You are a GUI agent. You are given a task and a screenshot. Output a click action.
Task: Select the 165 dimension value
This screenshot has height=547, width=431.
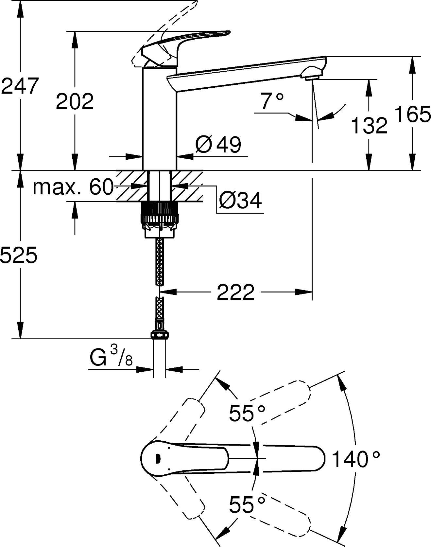point(413,114)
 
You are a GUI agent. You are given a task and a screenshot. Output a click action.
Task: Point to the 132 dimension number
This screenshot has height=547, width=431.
point(369,125)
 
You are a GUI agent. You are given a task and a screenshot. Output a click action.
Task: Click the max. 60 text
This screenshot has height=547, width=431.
point(73,187)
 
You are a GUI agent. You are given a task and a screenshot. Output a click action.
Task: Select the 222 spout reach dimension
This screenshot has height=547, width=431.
point(235,292)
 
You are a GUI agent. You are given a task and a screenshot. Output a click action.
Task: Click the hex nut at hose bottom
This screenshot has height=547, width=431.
point(160,335)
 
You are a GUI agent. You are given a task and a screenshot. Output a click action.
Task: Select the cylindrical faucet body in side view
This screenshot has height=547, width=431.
point(160,118)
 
